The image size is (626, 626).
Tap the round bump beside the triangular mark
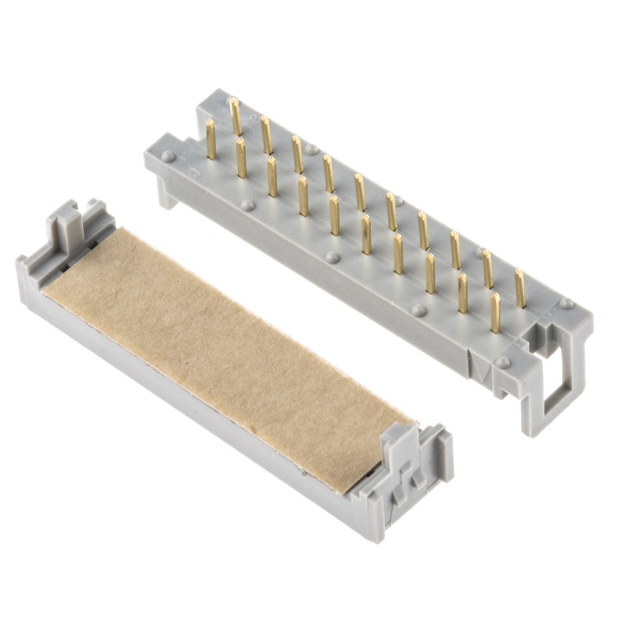502,362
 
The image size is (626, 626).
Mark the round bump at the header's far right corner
566,303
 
